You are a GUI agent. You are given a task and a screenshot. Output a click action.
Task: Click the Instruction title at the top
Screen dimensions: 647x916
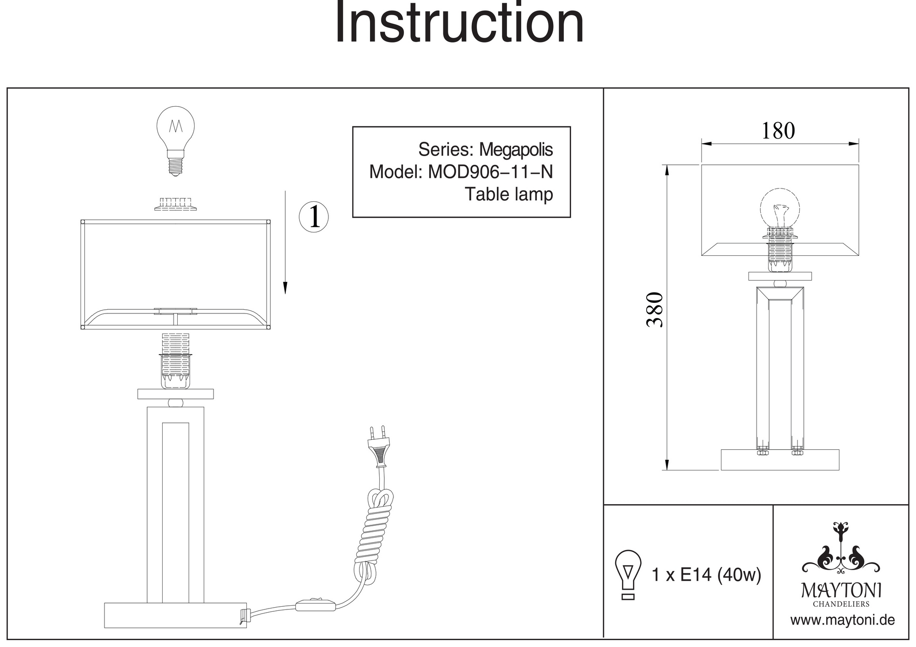pos(459,23)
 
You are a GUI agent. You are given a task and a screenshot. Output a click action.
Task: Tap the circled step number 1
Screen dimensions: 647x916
pos(314,216)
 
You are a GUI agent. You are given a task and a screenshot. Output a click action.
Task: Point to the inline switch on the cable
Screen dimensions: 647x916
pos(316,605)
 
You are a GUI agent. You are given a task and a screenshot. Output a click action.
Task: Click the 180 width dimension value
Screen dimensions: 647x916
pos(778,131)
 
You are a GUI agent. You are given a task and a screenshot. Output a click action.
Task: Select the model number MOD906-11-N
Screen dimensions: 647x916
pos(490,172)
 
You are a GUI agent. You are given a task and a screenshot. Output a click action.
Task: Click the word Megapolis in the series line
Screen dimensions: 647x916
pos(516,150)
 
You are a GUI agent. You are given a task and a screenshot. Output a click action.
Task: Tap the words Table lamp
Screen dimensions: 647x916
pos(509,194)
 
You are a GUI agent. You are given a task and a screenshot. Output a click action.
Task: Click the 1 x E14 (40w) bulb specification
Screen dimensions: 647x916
pos(706,575)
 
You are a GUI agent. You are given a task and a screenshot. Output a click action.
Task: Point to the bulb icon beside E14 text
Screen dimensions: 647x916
pos(628,575)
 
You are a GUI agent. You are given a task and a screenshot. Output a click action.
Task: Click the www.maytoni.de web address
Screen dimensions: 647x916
pos(842,620)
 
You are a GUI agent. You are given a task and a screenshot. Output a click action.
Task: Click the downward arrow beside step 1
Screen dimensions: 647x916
pos(285,243)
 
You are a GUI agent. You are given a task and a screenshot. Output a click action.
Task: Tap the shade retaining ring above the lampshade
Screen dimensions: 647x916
pos(175,204)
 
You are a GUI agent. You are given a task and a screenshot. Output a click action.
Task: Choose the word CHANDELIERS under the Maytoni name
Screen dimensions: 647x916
pos(841,604)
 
